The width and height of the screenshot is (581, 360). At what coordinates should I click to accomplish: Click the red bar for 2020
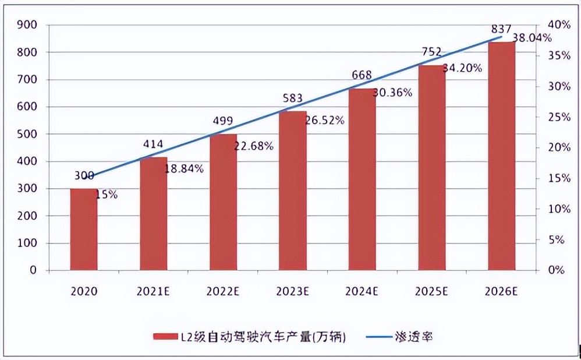(x=84, y=230)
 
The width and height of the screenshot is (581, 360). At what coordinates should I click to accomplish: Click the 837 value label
(x=501, y=29)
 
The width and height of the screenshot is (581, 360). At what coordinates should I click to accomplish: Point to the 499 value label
(x=223, y=121)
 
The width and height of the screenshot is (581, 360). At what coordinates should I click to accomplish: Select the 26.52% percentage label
(x=325, y=121)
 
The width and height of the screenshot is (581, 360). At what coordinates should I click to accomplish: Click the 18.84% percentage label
(x=185, y=169)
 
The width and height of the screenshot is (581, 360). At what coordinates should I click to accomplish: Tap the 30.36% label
(x=393, y=92)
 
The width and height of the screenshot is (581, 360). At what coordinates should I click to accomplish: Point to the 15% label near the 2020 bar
(x=107, y=195)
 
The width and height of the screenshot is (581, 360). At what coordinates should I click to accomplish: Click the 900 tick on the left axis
(x=27, y=25)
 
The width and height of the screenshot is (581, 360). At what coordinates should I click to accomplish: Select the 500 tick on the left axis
(x=27, y=135)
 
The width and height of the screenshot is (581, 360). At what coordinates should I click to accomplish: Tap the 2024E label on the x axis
(x=362, y=290)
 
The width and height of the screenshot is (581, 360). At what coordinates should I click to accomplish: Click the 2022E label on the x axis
(x=223, y=290)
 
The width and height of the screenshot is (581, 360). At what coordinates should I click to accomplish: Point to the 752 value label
(x=431, y=52)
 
